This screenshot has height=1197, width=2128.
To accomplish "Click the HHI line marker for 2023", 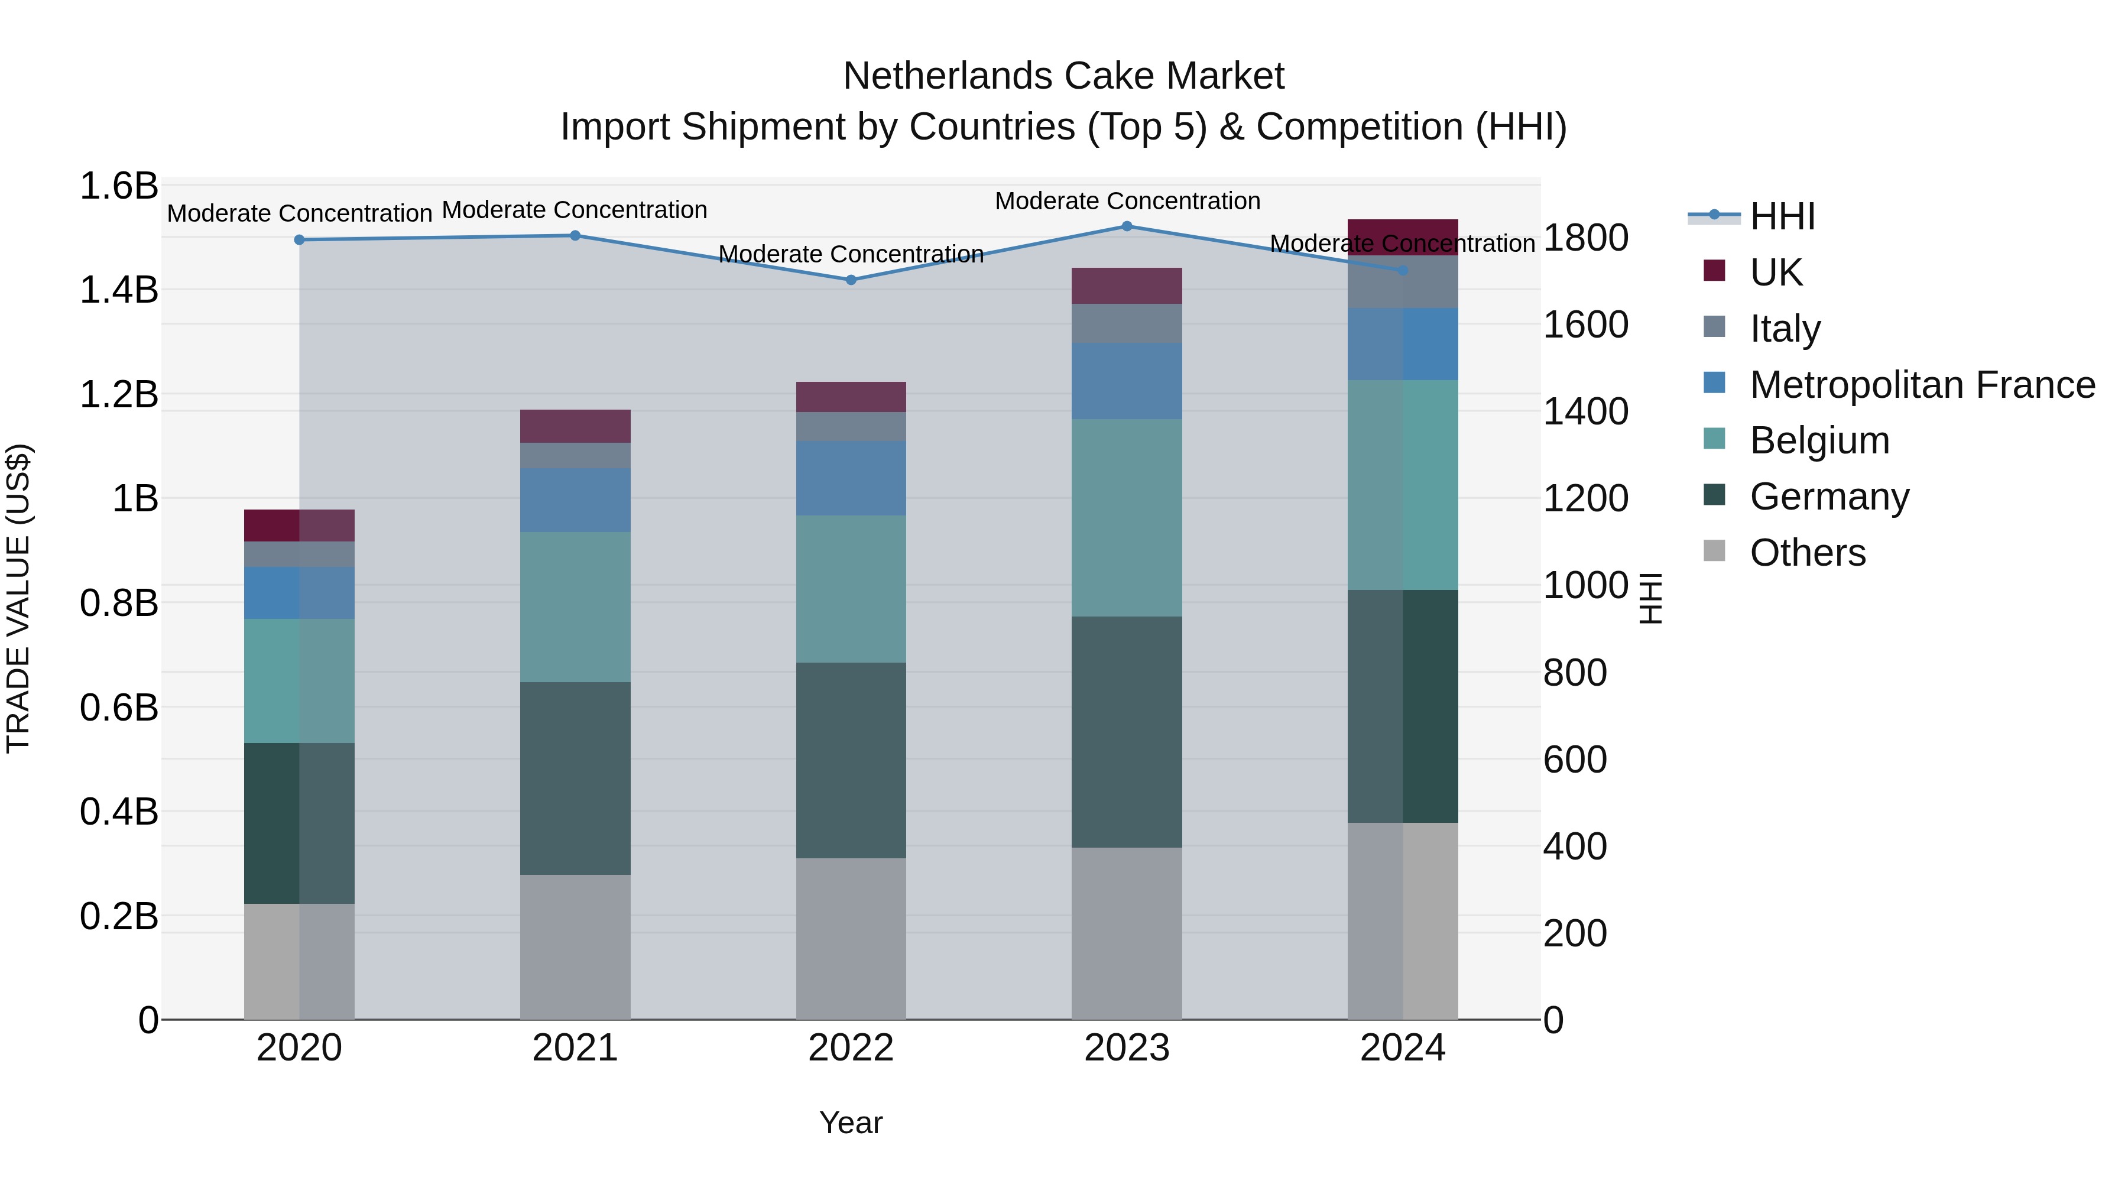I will pos(1127,226).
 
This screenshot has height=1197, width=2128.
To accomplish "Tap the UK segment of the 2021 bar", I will pos(575,426).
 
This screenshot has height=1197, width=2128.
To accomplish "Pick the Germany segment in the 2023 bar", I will pos(1127,731).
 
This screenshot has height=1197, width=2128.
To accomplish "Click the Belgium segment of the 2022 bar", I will pos(851,588).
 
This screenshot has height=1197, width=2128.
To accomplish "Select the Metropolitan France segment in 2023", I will pos(1127,380).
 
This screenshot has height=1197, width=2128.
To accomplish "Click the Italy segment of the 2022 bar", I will pos(851,426).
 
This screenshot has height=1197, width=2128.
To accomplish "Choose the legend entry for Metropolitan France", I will pos(1922,385).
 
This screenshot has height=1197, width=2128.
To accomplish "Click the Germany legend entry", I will pos(1829,497).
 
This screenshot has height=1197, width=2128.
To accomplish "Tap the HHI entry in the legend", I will pos(1782,216).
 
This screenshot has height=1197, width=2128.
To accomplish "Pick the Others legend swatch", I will pos(1714,551).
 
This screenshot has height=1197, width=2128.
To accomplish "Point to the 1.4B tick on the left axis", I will pos(119,290).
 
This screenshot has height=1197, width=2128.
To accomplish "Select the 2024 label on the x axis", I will pos(1403,1048).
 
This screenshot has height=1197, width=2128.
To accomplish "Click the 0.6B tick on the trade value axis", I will pos(119,708).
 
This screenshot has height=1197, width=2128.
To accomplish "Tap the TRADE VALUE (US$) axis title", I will pos(18,598).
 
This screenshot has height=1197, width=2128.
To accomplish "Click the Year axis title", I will pos(851,1123).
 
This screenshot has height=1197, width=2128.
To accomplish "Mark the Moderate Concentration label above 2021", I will pos(575,210).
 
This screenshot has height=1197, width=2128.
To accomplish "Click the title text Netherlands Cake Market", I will pos(1063,76).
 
